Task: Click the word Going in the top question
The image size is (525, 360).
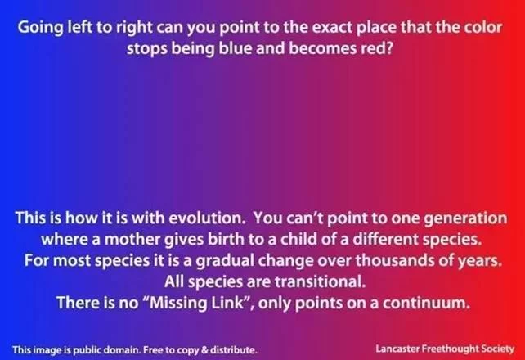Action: point(41,28)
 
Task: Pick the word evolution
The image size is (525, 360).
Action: point(207,218)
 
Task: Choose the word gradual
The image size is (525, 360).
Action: point(225,261)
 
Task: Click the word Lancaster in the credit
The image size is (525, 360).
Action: point(397,349)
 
